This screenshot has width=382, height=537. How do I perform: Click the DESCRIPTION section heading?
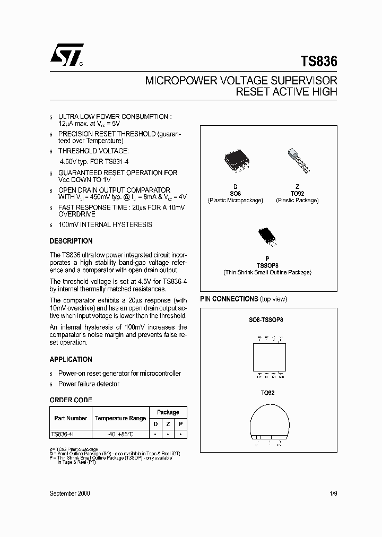click(71, 241)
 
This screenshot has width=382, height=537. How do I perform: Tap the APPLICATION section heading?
click(71, 359)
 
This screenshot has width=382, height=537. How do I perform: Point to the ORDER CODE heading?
click(71, 400)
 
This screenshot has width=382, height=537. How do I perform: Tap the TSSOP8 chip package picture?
click(267, 236)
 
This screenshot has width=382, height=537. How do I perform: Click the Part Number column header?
click(71, 418)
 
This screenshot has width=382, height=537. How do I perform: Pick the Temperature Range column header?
click(120, 418)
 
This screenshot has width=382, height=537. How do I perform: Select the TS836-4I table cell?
click(62, 434)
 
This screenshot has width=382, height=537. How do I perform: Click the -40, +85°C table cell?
click(120, 434)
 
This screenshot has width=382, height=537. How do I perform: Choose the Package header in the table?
click(168, 412)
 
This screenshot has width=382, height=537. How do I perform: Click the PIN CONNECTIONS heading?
click(229, 299)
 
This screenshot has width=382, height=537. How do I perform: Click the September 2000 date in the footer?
click(70, 493)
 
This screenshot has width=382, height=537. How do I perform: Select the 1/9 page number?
click(333, 493)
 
